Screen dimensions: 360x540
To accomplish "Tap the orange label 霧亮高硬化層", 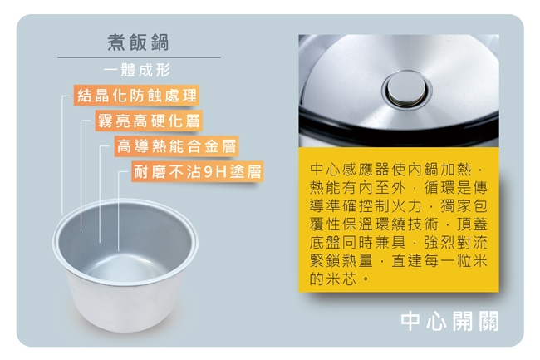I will [x=148, y=121].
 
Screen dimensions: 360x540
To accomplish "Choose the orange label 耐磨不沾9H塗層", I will [x=199, y=172].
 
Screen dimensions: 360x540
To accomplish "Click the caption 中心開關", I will [x=449, y=321].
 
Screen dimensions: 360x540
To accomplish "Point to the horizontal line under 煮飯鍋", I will [x=139, y=57].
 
